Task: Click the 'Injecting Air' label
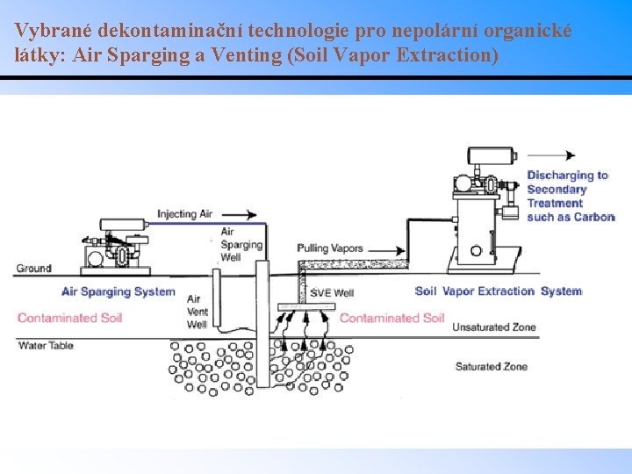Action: tap(184, 214)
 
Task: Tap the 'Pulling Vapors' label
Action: tap(330, 248)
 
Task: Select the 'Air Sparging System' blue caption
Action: tap(118, 291)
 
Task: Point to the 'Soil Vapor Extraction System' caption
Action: tap(498, 291)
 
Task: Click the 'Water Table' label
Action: tap(46, 345)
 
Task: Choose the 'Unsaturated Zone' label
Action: tap(493, 327)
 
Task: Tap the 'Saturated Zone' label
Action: tap(492, 366)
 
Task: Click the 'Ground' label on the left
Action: tap(33, 268)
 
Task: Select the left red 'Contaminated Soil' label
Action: tap(69, 318)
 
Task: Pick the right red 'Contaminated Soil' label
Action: tap(391, 318)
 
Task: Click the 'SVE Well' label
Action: tap(333, 292)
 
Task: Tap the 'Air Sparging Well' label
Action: tap(241, 245)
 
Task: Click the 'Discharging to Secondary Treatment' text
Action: tap(570, 196)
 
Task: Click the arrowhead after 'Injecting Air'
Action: tap(252, 214)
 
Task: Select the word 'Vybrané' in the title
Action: tap(52, 30)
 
